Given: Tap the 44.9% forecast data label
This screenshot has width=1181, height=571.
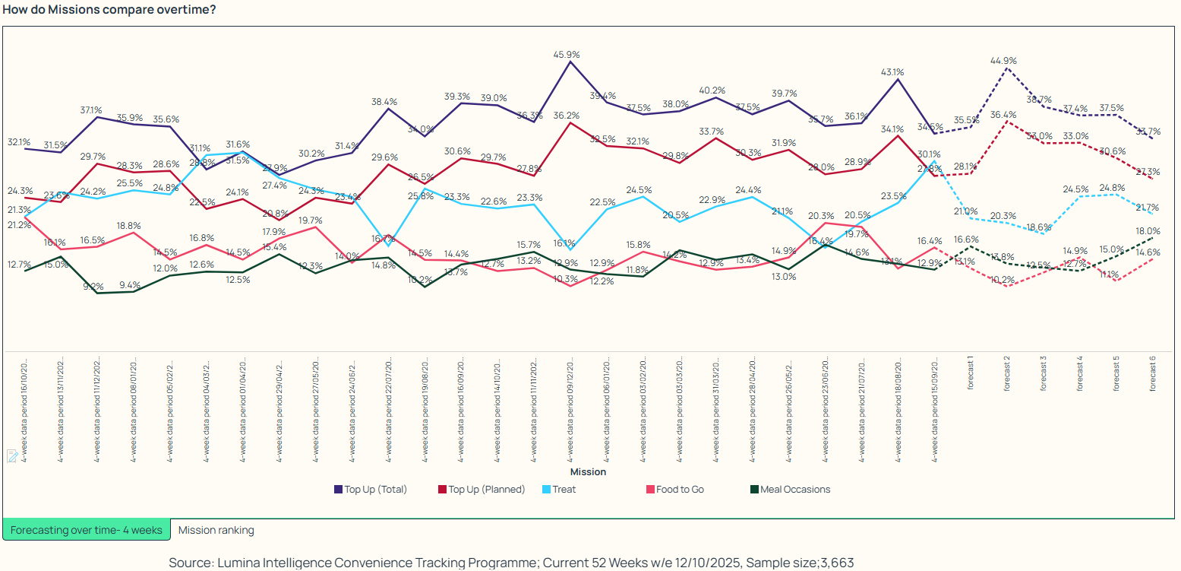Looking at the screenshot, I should click(1003, 60).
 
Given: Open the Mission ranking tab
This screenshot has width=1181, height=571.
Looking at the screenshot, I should click(216, 530).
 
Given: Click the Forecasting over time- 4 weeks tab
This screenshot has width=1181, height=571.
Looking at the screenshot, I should click(87, 530).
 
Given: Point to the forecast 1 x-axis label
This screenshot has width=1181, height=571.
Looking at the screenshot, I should click(971, 373).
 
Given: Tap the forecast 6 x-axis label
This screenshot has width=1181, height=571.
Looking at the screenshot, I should click(1152, 373).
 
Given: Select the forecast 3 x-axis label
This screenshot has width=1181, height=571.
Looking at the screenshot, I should click(1043, 373).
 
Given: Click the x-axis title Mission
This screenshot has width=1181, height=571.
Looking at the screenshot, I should click(589, 472).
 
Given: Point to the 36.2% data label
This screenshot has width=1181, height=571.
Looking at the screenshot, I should click(567, 116).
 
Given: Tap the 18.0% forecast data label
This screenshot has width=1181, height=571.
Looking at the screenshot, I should click(1148, 231).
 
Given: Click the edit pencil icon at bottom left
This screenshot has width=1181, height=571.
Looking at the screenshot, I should click(12, 455).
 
